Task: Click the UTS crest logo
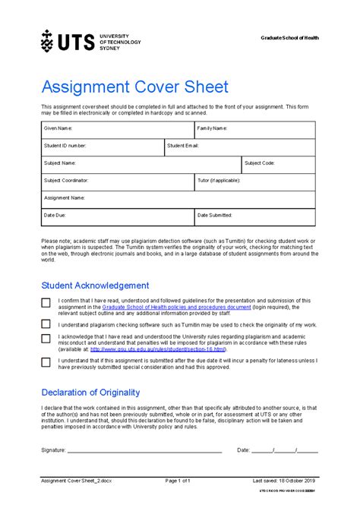[x=47, y=41]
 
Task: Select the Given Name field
[x=118, y=129]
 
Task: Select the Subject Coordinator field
[x=118, y=181]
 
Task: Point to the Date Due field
[x=118, y=216]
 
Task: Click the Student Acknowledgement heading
[x=95, y=286]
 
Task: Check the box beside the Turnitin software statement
[x=46, y=324]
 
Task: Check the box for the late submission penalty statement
[x=46, y=363]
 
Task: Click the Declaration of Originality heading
[x=90, y=393]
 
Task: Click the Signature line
[x=144, y=450]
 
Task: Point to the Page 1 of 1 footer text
[x=182, y=481]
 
